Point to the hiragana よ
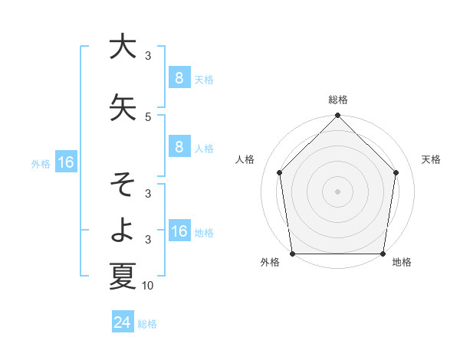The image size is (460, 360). [x=123, y=229]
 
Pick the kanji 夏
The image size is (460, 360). [x=123, y=275]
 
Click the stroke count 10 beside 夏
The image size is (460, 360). [x=148, y=286]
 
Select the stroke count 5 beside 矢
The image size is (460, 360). [x=148, y=116]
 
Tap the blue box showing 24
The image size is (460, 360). [x=122, y=323]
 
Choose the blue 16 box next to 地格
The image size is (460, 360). [x=179, y=231]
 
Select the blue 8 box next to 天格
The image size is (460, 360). [x=179, y=77]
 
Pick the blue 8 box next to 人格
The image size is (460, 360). [x=179, y=147]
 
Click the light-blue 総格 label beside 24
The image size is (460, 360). [x=147, y=324]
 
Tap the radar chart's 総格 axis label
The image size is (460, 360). [x=338, y=100]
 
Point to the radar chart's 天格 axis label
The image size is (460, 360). [x=432, y=159]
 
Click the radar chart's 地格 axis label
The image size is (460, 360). [x=402, y=262]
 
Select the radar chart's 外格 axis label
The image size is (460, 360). [x=270, y=262]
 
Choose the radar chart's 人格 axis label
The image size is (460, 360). [x=245, y=159]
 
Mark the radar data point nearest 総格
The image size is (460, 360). [x=337, y=116]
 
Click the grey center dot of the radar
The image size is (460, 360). [x=337, y=191]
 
